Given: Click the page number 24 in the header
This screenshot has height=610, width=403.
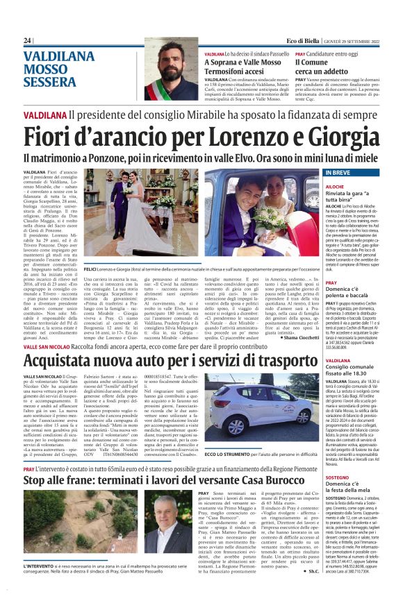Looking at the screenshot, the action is (28, 41).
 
